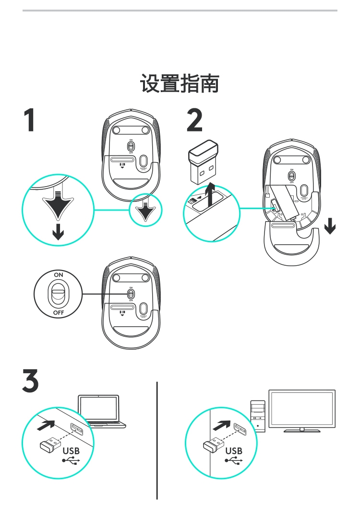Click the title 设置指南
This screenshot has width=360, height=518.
coord(180,83)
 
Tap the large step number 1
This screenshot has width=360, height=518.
coord(30,120)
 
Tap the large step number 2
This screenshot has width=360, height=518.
coord(194,120)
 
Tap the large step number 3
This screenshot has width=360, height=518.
coord(30,380)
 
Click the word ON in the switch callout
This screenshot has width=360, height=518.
coord(59,274)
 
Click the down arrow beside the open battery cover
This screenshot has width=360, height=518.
coord(330,225)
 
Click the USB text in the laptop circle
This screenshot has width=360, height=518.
coord(71,451)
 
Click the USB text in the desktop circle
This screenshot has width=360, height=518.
coord(234,451)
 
